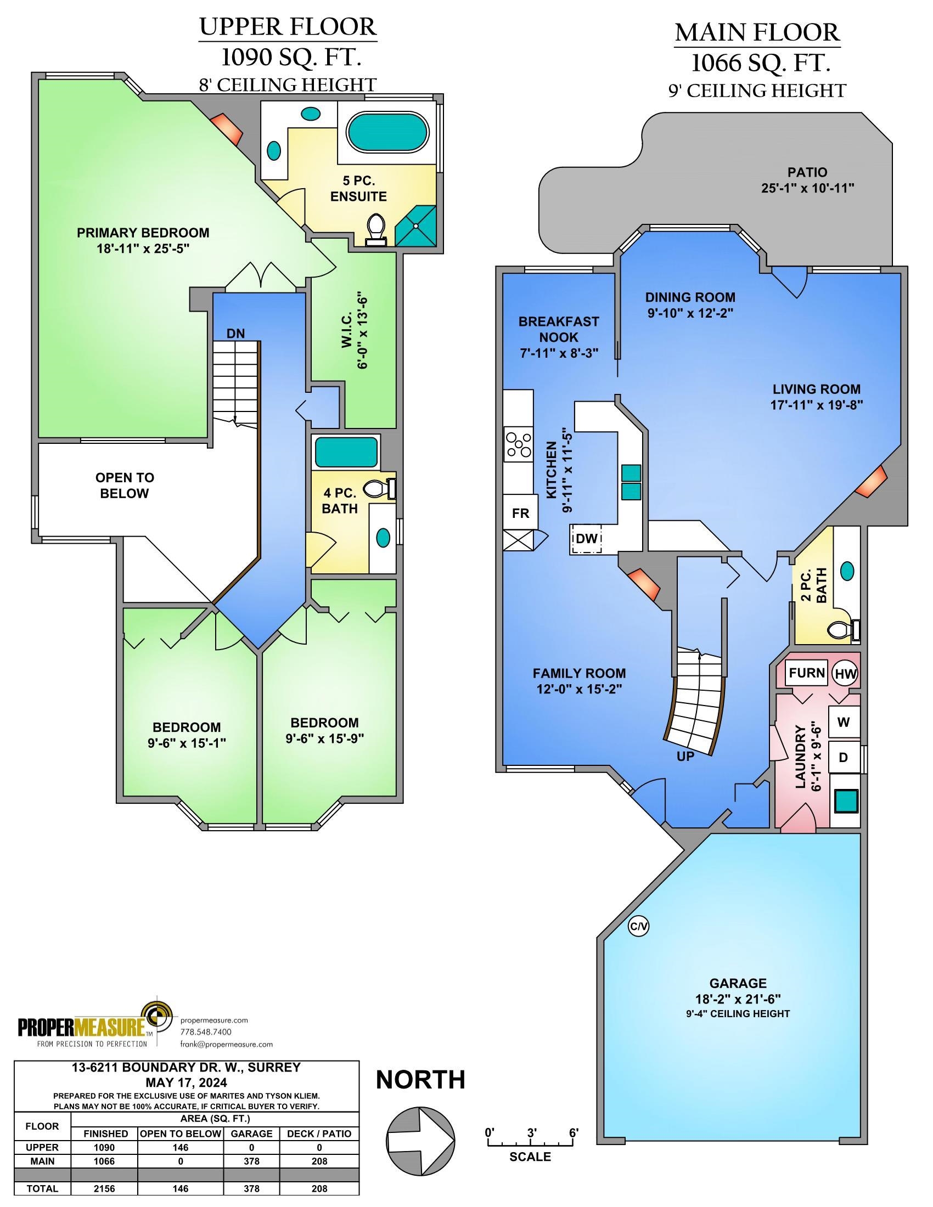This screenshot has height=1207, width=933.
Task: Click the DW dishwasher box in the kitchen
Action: pos(587,538)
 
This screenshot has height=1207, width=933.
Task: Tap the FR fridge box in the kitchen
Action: pos(520,513)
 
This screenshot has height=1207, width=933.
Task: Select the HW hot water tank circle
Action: pos(846,674)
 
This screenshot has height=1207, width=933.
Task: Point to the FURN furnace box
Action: pos(806,673)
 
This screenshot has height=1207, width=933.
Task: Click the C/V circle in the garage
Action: pos(638,927)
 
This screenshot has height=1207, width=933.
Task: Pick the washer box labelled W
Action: pos(844,722)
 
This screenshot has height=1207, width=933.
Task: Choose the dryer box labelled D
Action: pos(844,757)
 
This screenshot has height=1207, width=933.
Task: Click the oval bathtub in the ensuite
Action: pos(387,132)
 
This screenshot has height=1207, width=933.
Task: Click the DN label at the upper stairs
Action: pos(235,333)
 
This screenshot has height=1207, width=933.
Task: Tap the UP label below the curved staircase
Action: pos(685,757)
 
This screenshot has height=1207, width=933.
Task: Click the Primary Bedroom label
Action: pos(143,233)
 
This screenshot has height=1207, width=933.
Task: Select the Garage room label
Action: pos(738,983)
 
